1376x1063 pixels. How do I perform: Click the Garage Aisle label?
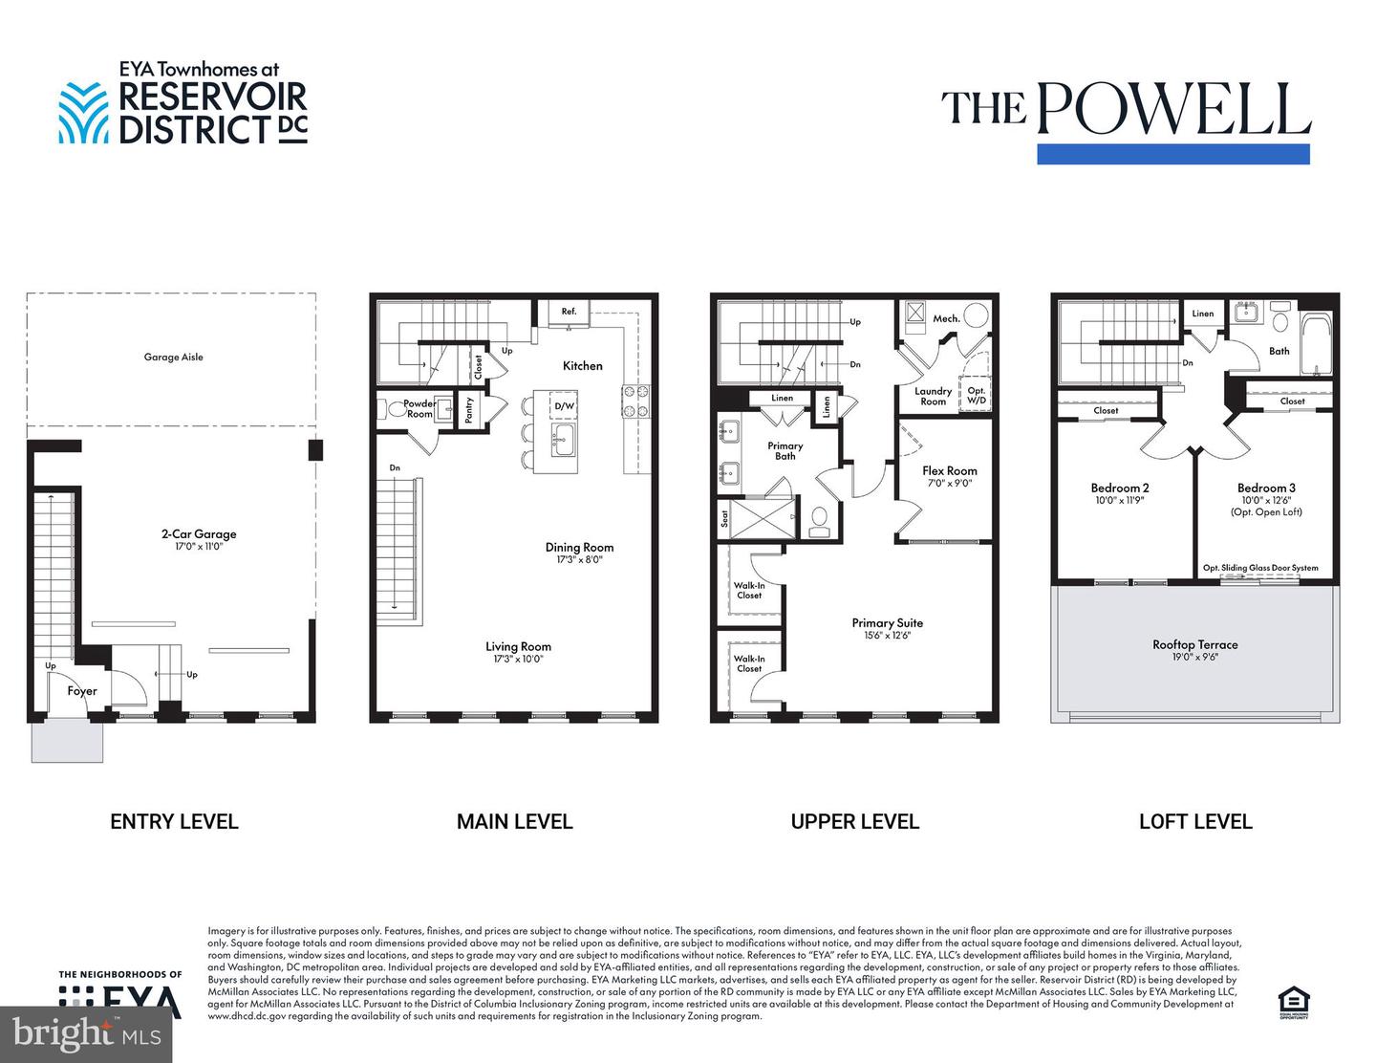click(173, 358)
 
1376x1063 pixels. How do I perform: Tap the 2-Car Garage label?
click(198, 534)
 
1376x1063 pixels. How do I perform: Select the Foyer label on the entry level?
click(82, 691)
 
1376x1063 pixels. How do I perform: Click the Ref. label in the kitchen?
click(569, 312)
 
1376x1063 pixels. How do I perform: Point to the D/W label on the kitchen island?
click(565, 406)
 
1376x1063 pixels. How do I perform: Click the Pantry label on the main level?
click(469, 411)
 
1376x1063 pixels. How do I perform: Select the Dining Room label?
click(579, 548)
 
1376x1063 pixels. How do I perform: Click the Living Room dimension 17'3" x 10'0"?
click(518, 659)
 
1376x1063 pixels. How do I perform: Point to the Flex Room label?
click(949, 470)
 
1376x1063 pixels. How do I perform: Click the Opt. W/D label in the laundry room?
click(976, 396)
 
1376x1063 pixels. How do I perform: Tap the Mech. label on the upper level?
click(946, 318)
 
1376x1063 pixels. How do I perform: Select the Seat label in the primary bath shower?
click(724, 517)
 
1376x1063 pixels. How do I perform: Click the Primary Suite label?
click(887, 623)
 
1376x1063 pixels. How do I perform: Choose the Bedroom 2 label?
click(1120, 488)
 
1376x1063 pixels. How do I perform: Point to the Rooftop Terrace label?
click(1194, 644)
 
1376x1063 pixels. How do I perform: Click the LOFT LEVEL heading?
click(1194, 821)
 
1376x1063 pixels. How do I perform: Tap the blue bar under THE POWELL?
click(1172, 154)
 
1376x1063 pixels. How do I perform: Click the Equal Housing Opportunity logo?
click(1295, 1001)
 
